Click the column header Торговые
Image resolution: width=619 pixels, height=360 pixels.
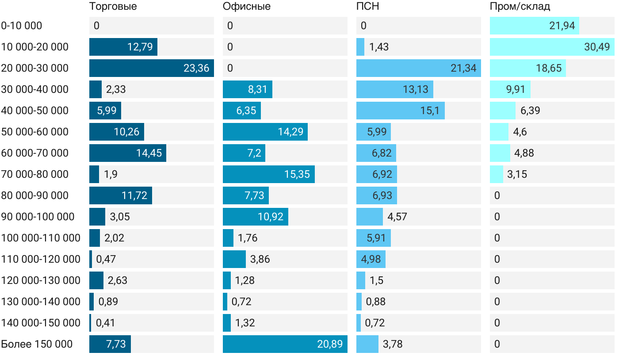[113, 6]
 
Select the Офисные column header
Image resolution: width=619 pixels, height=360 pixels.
[246, 6]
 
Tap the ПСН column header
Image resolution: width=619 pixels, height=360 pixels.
[367, 6]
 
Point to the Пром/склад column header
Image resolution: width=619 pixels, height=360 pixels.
[520, 6]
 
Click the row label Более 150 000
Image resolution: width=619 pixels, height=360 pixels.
[37, 344]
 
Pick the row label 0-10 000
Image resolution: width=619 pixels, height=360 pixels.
[22, 26]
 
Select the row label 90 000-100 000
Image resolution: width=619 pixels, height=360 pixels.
[38, 217]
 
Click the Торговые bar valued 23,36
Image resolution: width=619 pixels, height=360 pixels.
[151, 68]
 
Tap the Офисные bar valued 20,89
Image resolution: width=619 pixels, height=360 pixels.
[285, 344]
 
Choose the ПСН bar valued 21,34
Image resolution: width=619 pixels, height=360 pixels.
[418, 68]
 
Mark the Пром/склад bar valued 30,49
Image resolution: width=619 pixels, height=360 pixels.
[552, 47]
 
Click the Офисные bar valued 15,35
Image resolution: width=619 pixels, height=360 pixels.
[268, 174]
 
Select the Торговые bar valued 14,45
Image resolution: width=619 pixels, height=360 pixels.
[127, 153]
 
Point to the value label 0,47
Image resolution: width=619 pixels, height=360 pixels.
[106, 259]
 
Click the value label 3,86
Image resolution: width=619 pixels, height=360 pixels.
[260, 259]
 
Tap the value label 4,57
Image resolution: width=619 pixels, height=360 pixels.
[397, 217]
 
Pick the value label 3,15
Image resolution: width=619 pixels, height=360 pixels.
[517, 174]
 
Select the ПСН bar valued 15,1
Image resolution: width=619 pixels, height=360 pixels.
[400, 111]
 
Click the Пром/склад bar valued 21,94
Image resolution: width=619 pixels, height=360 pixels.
[534, 26]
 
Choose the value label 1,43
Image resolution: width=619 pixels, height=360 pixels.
[379, 47]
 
